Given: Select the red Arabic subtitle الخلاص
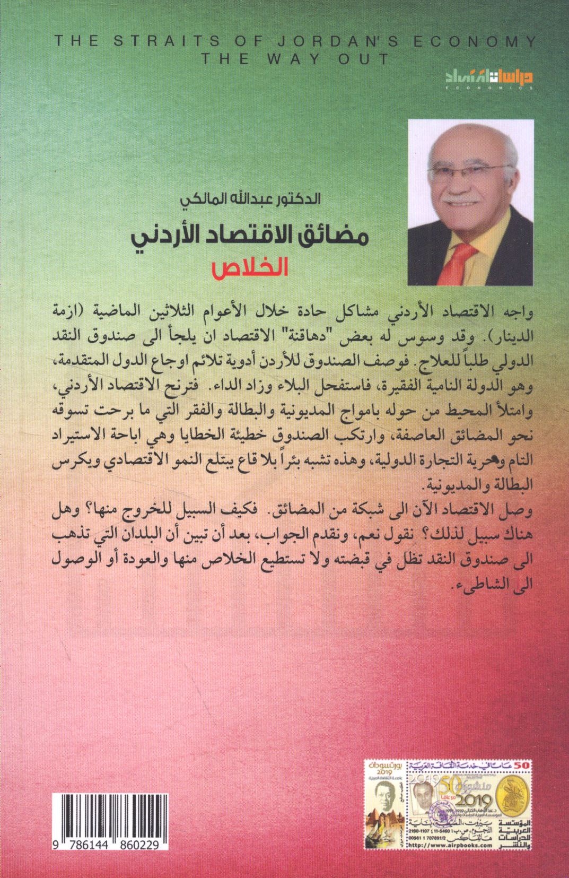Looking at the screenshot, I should (x=250, y=267).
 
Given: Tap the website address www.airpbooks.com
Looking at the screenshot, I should (x=450, y=845).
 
